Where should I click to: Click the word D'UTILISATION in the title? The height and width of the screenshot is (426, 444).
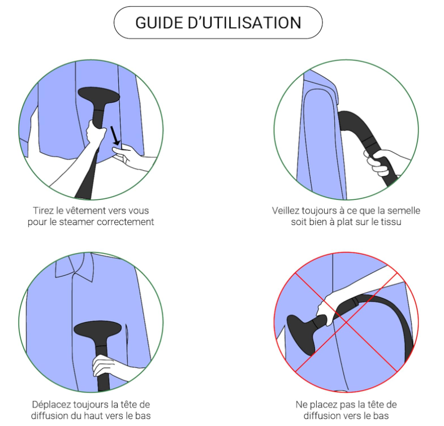point(244,23)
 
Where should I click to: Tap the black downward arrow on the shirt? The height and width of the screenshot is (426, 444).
point(115,136)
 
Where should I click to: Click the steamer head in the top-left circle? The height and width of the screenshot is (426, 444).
point(99,95)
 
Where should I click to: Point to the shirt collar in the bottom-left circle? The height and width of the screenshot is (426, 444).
point(75,267)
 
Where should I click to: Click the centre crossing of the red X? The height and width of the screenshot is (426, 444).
point(346,322)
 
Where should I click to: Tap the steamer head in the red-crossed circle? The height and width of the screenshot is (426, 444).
point(301,334)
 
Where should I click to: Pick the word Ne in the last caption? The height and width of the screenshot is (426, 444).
point(301,405)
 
